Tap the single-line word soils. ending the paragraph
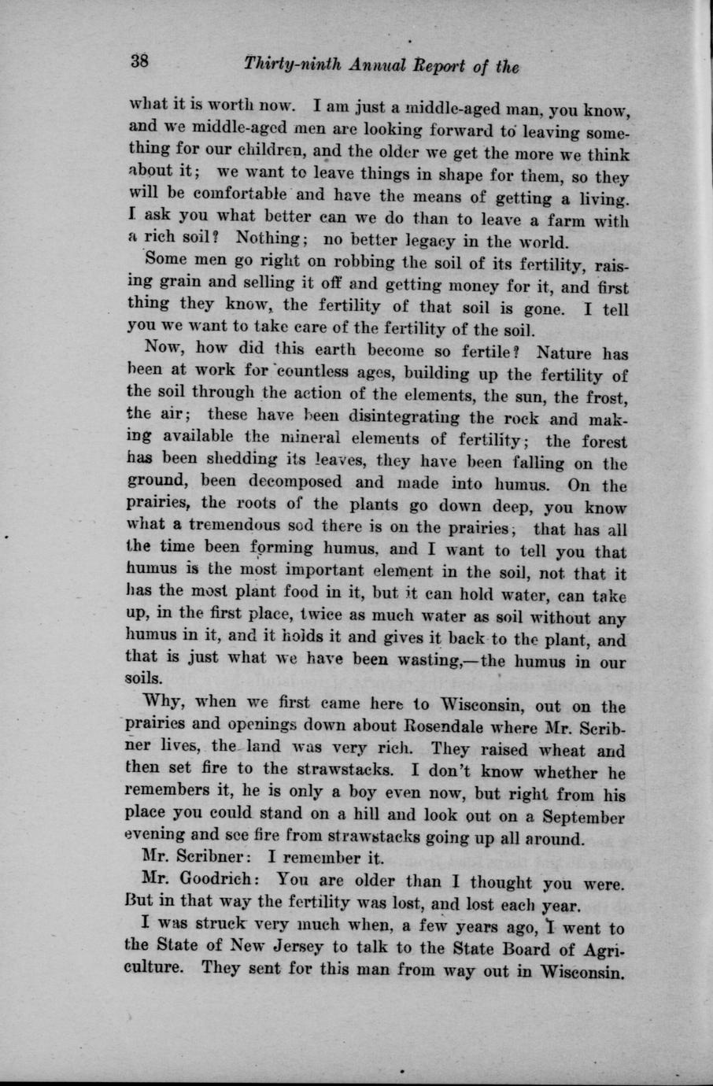tap(144, 677)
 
